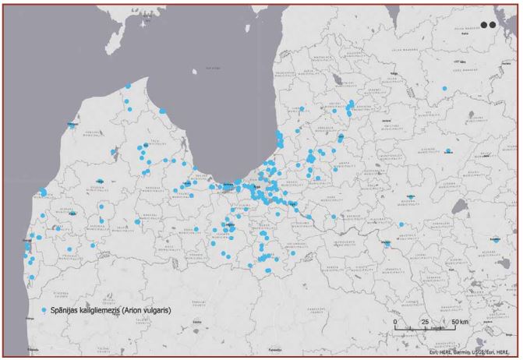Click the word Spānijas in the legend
(x=69, y=309)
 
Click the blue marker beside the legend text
(x=44, y=309)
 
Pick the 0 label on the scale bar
(x=395, y=320)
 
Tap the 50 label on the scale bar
(x=451, y=320)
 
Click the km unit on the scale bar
(x=465, y=320)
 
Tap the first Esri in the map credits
(x=436, y=351)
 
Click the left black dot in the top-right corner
(x=484, y=24)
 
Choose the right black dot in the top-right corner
(x=493, y=24)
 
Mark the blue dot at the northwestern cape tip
(x=129, y=86)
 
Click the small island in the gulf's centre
(x=209, y=69)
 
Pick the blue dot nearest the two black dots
(x=444, y=89)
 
